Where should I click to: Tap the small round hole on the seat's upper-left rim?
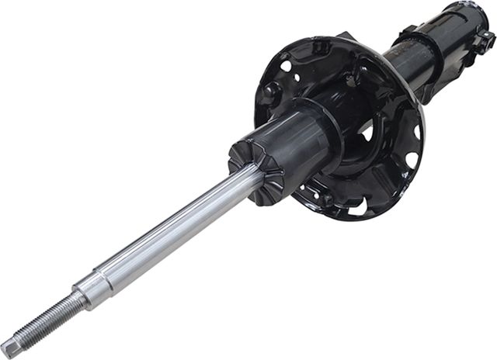point(286,67)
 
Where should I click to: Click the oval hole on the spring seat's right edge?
point(411,160)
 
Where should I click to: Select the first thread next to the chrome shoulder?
point(76,299)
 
